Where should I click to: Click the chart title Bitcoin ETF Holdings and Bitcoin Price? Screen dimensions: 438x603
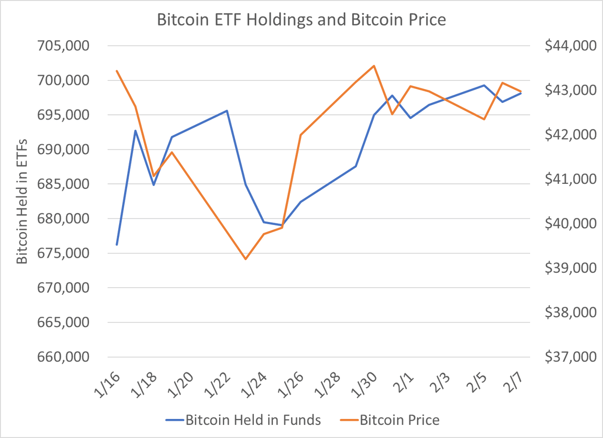point(301,21)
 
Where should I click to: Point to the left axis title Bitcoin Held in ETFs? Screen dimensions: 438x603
point(22,201)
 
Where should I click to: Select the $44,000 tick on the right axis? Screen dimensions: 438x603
point(569,46)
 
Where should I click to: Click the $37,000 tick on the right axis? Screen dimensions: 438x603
point(569,357)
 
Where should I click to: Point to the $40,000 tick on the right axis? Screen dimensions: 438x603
point(569,224)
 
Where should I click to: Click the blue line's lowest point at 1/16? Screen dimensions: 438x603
point(117,245)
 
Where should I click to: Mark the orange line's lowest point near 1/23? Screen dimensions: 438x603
point(246,259)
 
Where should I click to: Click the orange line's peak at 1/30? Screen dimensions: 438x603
point(374,66)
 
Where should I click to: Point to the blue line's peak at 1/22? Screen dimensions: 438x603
point(227,111)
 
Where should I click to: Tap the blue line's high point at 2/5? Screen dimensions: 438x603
point(484,85)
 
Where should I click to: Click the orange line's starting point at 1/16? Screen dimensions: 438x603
point(117,71)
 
